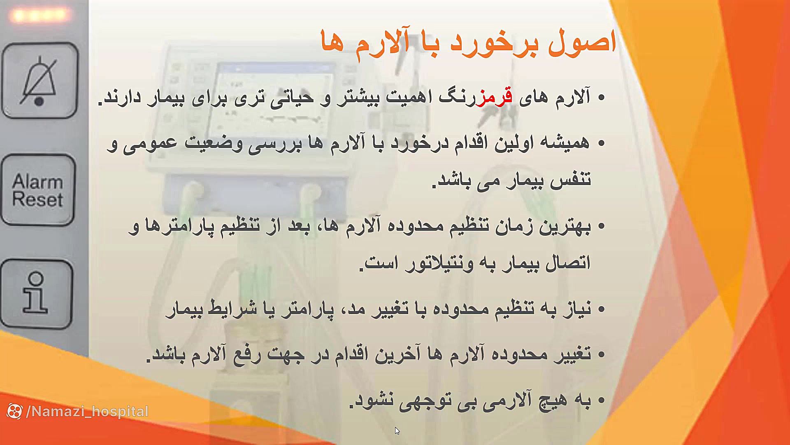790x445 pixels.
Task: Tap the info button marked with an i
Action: tap(36, 293)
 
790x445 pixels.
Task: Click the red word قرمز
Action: tap(494, 97)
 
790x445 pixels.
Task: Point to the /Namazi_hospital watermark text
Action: tap(87, 411)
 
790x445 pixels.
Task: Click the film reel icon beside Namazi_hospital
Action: tap(15, 411)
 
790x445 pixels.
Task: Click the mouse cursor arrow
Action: tap(397, 431)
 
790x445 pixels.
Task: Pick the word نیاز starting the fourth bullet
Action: tap(576, 309)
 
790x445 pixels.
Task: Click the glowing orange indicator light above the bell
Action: tap(39, 16)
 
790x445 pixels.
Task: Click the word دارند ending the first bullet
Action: tap(122, 97)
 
